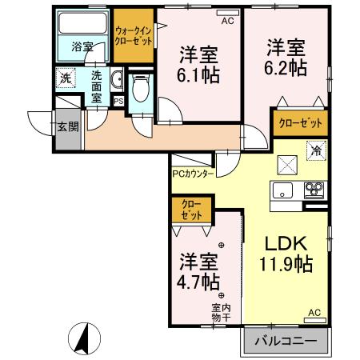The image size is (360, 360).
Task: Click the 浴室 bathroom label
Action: tap(82, 46)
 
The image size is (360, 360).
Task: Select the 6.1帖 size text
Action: tap(198, 75)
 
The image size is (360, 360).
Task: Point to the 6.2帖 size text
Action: tap(286, 68)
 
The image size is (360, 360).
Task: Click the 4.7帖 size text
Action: tap(198, 282)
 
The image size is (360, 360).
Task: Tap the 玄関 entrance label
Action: tap(67, 126)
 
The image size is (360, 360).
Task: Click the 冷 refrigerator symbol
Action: tap(316, 150)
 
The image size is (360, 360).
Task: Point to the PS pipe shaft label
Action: tap(118, 102)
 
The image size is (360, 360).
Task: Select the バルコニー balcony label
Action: tap(286, 342)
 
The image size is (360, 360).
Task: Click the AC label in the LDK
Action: tap(314, 313)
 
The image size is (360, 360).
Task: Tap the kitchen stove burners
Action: tap(312, 190)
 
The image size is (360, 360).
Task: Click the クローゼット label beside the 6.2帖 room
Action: tap(301, 123)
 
